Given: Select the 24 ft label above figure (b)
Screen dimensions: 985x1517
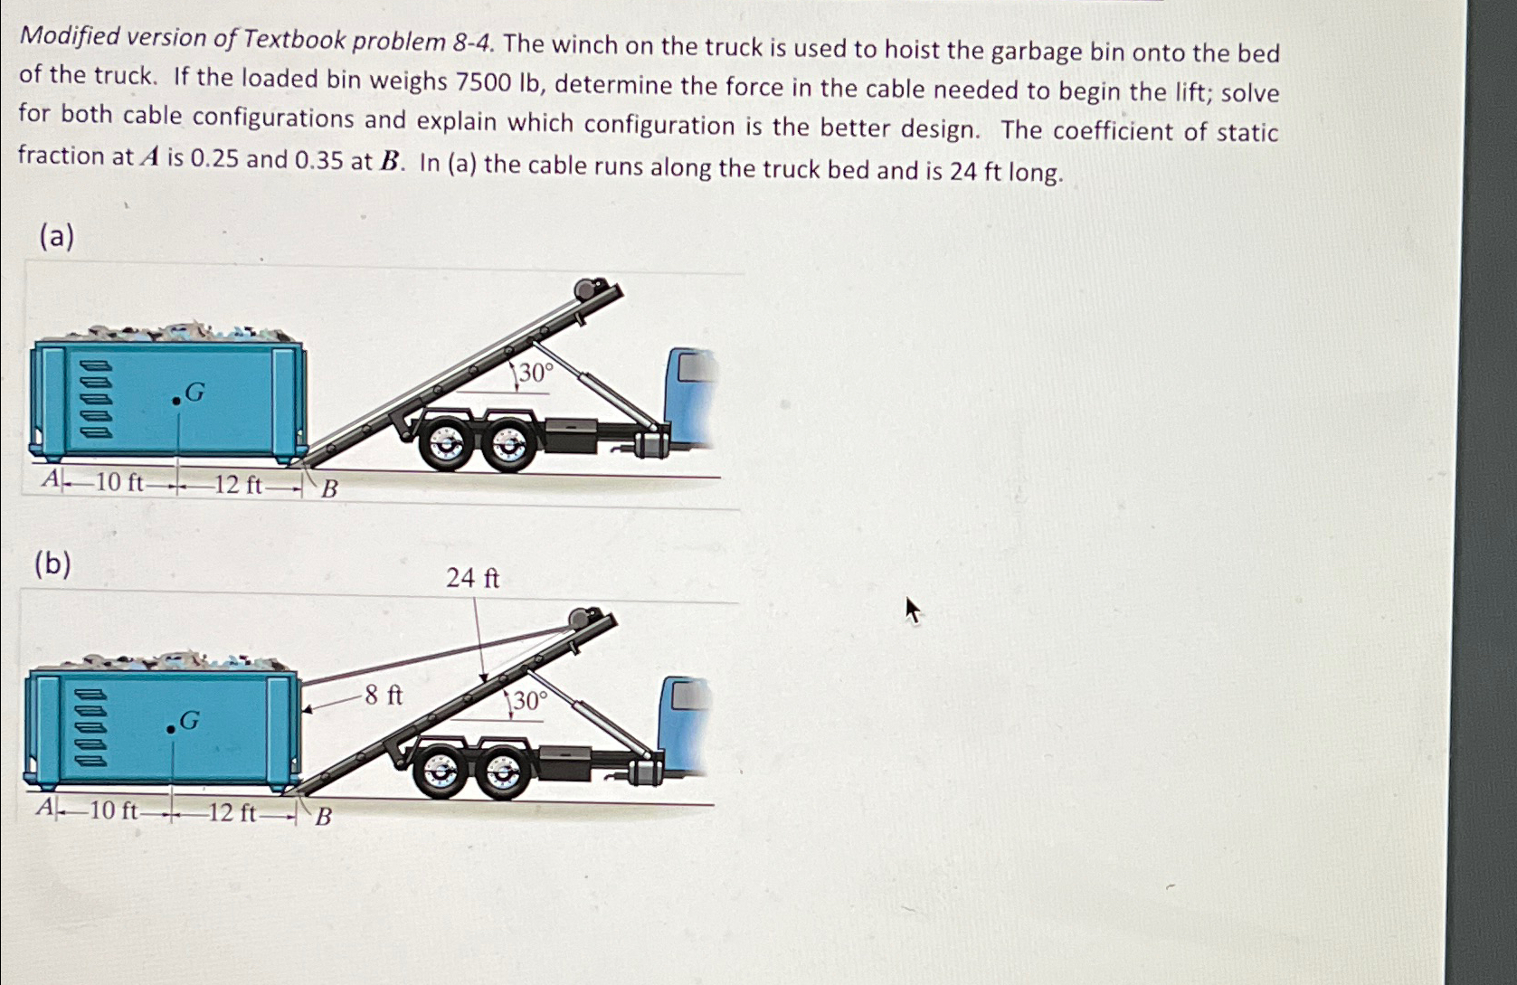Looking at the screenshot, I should (x=472, y=579).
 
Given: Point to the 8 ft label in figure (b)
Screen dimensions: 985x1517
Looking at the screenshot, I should (x=384, y=696).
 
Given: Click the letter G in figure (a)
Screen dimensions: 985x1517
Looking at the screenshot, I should (x=194, y=393).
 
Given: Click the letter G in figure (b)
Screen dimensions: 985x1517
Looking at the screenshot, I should (x=189, y=721).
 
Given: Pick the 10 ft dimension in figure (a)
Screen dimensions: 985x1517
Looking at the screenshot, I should (x=119, y=483).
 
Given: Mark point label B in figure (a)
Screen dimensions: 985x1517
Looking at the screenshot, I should (x=330, y=489).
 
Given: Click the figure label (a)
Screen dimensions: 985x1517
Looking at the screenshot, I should (x=56, y=237).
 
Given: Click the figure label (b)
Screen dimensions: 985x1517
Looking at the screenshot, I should (x=52, y=564).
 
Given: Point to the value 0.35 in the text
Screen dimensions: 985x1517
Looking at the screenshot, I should (x=318, y=160).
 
